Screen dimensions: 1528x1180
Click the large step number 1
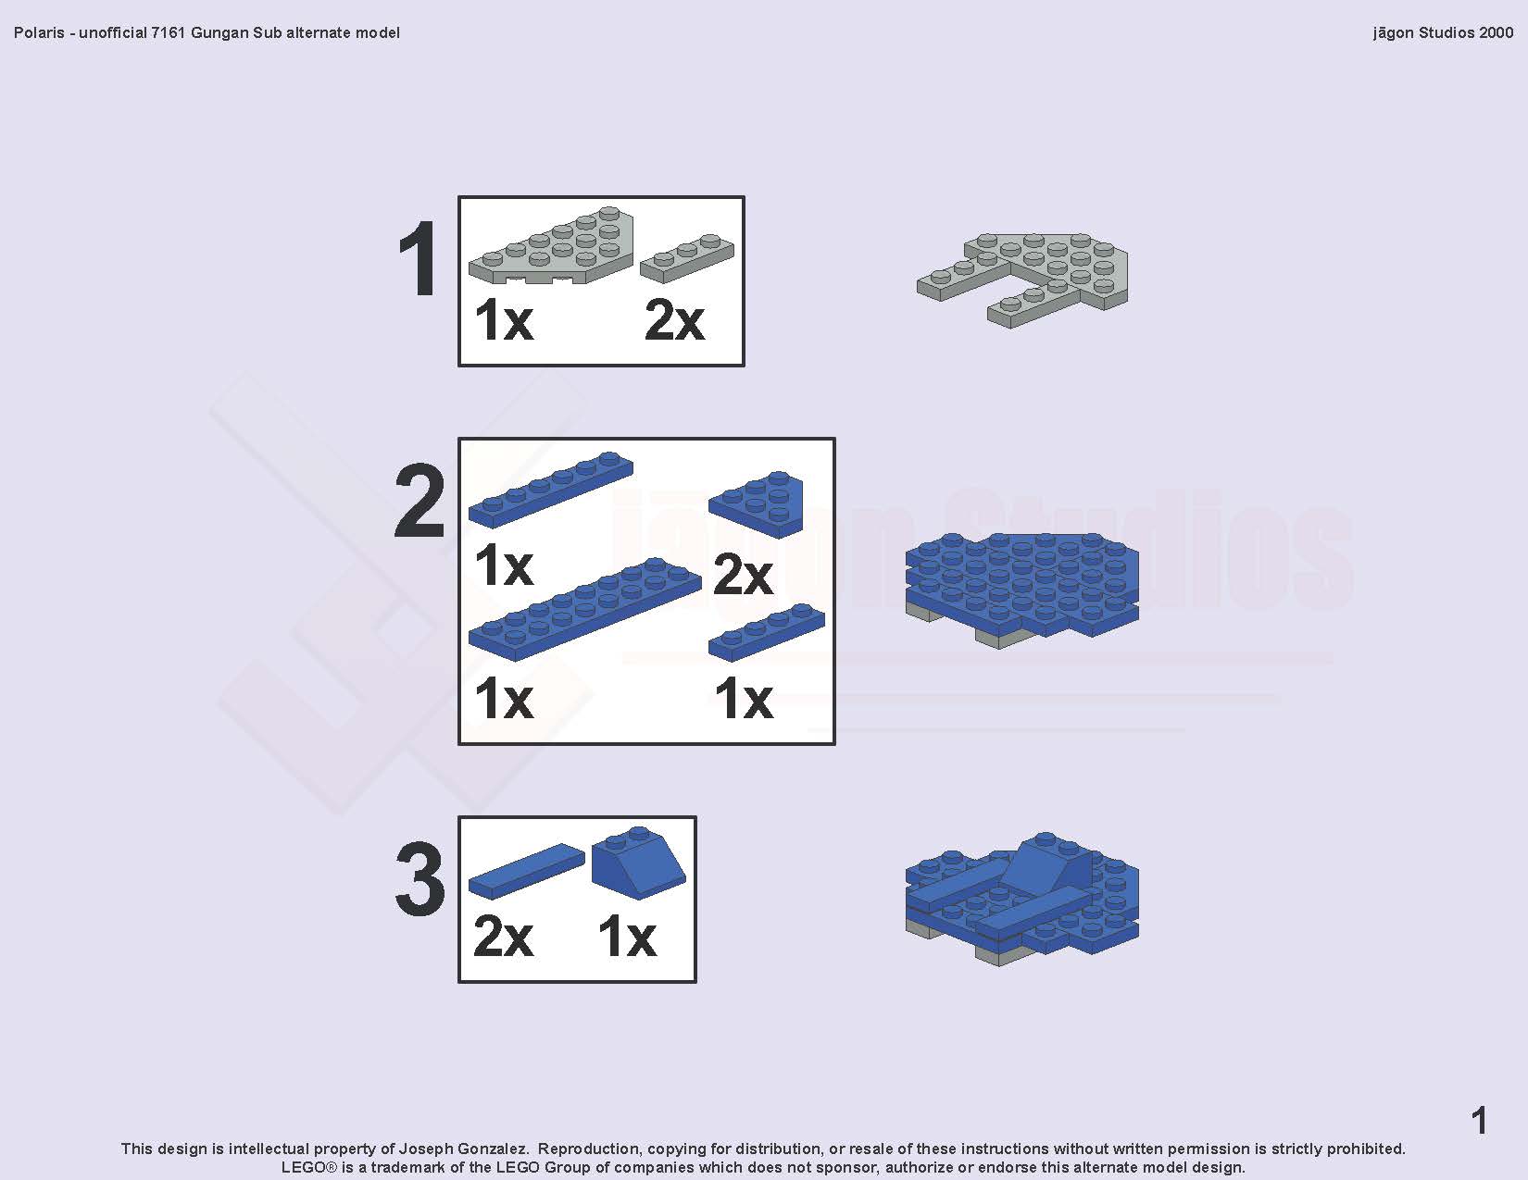point(418,257)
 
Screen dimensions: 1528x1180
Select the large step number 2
point(420,501)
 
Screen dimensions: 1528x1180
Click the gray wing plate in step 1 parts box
point(551,246)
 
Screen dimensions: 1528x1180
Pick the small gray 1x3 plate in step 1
point(687,258)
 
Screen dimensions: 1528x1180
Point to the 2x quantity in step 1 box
point(674,321)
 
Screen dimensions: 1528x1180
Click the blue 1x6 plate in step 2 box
point(551,490)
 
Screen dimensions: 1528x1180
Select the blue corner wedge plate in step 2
point(756,503)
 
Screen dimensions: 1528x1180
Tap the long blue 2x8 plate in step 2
point(585,609)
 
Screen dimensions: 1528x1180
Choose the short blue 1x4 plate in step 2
point(767,632)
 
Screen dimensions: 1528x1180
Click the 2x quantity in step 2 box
point(743,575)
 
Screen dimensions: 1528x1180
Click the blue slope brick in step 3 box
point(638,863)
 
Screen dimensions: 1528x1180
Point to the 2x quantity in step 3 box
point(504,937)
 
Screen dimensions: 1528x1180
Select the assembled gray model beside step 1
point(1022,280)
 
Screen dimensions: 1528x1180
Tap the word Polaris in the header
point(39,32)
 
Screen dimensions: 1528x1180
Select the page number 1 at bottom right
point(1480,1121)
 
